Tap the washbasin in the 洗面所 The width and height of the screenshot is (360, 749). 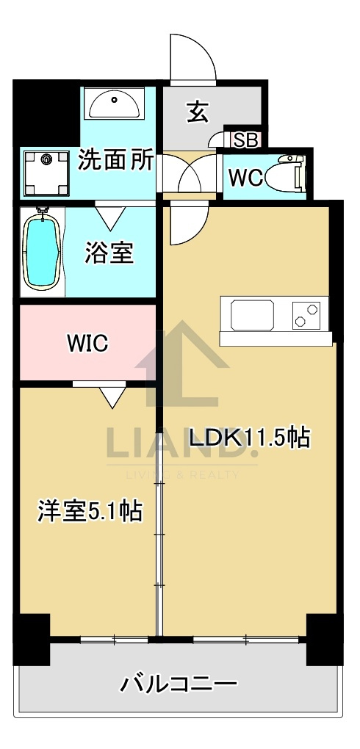(x=115, y=104)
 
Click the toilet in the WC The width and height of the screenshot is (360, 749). (x=285, y=174)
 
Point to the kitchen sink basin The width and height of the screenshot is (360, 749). (x=253, y=315)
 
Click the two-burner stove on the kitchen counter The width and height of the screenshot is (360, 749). (x=306, y=314)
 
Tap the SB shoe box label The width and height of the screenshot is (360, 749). (x=247, y=141)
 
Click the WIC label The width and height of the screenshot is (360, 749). (x=88, y=343)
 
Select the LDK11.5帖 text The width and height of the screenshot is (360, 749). (x=250, y=438)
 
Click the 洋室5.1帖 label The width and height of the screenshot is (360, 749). (x=90, y=512)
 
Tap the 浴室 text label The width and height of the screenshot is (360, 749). (x=109, y=252)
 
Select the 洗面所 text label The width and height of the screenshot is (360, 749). (x=116, y=161)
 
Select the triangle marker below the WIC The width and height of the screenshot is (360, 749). (x=113, y=397)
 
